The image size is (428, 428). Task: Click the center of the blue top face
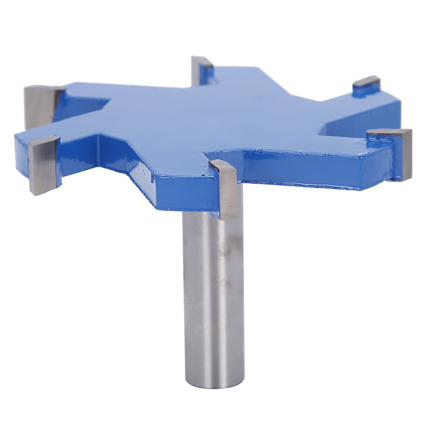click(214, 115)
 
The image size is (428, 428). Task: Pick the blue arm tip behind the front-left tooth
click(21, 150)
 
